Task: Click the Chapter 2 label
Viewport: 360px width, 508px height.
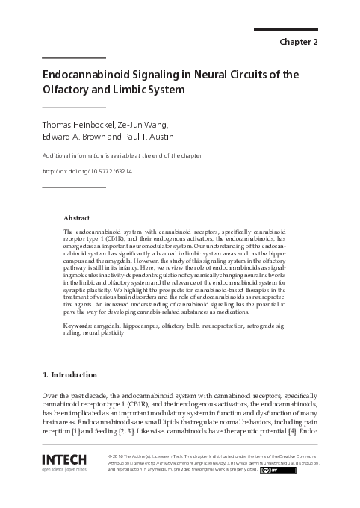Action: (298, 42)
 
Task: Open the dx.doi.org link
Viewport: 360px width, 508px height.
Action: (87, 171)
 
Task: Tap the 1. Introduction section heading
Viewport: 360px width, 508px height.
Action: (69, 374)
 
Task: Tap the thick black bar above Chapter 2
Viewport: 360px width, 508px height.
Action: (286, 30)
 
